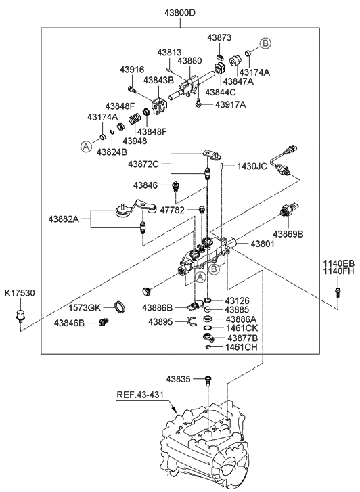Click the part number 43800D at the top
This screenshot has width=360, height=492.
180,13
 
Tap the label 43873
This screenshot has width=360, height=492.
219,37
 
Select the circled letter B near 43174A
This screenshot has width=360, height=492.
265,43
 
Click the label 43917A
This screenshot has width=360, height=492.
231,104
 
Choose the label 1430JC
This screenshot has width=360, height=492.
252,166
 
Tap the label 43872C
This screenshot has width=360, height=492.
143,164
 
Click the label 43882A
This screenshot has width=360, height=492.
64,219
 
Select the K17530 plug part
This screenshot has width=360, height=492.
20,315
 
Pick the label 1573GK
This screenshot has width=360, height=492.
85,307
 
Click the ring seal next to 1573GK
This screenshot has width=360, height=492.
120,307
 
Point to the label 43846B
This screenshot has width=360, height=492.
69,323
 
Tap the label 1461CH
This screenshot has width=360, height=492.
242,347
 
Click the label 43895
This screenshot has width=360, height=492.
160,321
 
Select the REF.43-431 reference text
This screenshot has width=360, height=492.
140,395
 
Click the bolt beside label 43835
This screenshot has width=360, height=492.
207,380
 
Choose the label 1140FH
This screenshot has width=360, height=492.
340,271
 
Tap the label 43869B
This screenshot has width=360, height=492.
288,234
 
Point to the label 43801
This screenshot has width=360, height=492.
263,244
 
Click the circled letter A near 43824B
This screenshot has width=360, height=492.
86,146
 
